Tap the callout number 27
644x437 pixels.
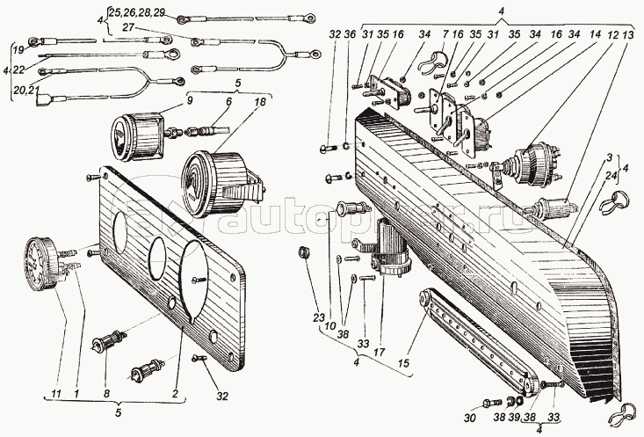pos(129,29)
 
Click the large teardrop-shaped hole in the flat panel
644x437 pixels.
pos(196,278)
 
